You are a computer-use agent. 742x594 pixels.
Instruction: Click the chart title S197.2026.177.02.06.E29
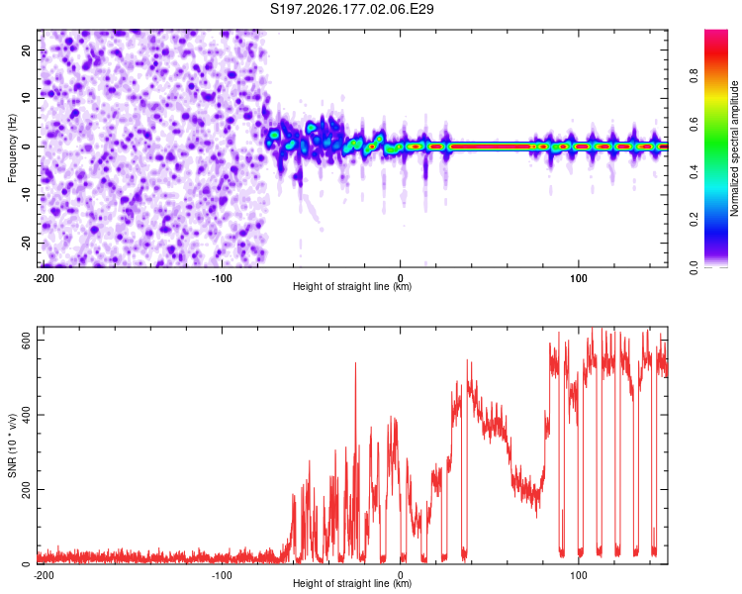click(351, 9)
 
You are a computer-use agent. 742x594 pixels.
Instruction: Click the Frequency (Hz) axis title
click(12, 148)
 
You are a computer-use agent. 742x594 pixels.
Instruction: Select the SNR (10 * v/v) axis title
click(12, 445)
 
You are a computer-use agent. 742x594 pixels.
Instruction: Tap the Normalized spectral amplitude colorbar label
click(734, 148)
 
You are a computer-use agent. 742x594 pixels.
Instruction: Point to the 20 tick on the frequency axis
click(26, 49)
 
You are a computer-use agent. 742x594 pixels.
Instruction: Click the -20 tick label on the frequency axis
click(26, 243)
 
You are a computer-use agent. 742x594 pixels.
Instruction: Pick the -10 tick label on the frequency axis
click(26, 195)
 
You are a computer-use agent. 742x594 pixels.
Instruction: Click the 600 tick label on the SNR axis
click(26, 341)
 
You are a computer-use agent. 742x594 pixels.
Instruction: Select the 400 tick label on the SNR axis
click(26, 415)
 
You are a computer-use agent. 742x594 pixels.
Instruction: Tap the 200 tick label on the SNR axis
click(26, 489)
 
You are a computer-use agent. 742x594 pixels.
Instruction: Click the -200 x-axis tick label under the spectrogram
click(44, 278)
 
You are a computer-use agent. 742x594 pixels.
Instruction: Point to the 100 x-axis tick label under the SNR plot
click(579, 575)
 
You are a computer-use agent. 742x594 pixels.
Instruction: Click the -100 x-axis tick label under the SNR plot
click(222, 575)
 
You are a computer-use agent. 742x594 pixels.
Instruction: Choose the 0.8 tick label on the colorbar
click(694, 76)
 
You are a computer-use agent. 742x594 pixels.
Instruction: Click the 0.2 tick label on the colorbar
click(694, 220)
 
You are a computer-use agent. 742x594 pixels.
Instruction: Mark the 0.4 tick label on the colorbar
click(694, 171)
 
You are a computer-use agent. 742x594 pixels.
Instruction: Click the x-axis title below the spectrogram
click(352, 286)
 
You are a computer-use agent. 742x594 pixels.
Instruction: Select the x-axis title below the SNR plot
click(352, 583)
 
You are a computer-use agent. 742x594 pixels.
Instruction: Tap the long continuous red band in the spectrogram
click(491, 147)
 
